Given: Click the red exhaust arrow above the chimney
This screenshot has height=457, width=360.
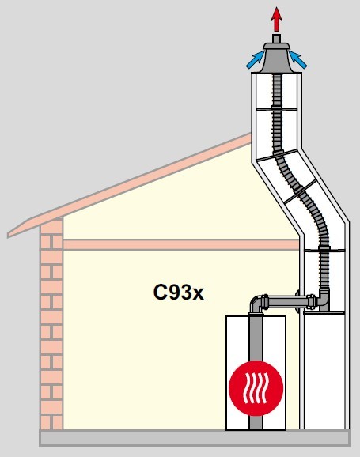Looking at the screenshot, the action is point(276,19).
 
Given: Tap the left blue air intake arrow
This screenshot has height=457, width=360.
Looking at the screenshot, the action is point(256,60).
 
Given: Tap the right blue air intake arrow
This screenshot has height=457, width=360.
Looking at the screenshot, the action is point(297,60).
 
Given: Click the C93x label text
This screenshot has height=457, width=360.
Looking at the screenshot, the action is point(178,292).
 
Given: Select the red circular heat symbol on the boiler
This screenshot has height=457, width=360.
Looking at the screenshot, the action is point(256,387).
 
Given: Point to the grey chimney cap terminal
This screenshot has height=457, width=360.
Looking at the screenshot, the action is point(276,58).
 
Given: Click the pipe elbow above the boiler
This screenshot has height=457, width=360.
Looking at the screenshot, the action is point(256,304).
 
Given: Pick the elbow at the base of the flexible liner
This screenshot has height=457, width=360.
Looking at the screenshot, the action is point(324,300).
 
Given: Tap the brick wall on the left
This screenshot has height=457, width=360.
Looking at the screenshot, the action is point(51,324).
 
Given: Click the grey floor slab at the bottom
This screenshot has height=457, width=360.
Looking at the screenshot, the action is point(195,437).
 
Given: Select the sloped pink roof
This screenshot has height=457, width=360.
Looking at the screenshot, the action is point(129,186).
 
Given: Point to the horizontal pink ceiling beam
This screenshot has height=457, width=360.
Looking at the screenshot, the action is point(181,244).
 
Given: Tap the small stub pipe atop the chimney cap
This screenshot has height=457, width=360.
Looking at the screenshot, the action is point(276,39).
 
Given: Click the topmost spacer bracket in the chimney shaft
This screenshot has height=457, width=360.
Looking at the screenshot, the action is point(276,108).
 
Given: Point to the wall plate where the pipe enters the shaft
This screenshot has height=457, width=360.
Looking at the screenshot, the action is point(297,302).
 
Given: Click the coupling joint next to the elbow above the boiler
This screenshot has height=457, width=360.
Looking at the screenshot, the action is point(266,302).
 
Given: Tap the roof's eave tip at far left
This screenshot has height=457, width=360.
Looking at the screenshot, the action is point(8,235).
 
